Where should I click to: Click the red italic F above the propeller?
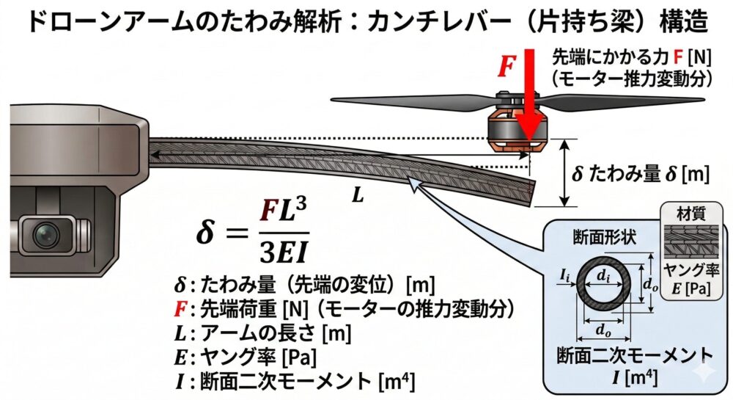click(507, 66)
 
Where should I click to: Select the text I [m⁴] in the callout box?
click(634, 379)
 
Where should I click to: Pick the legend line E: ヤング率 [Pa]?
click(247, 357)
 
